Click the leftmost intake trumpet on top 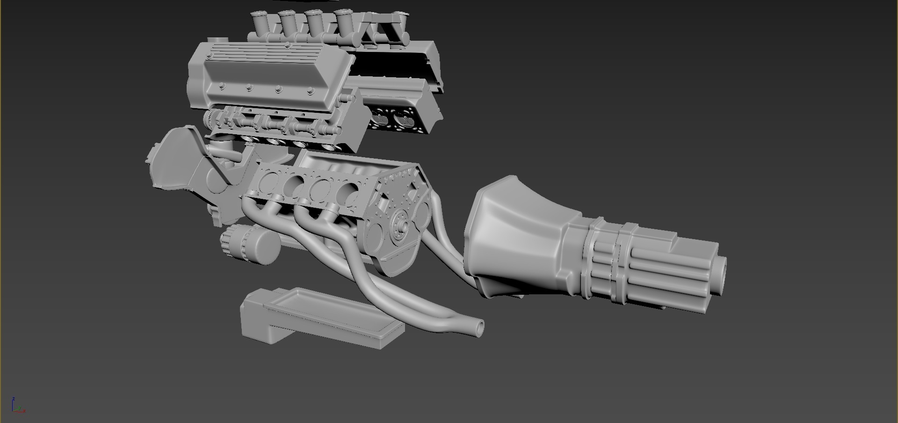[259, 22]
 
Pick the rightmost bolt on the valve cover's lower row [310, 92]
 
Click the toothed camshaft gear [213, 119]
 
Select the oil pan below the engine [323, 318]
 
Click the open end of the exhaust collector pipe [478, 327]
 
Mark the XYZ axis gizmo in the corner [17, 406]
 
